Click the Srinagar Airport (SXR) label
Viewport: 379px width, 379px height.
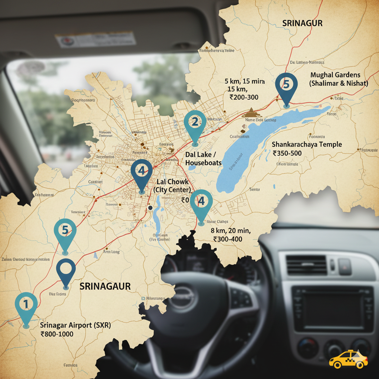click(75, 325)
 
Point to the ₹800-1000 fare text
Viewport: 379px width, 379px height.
click(57, 334)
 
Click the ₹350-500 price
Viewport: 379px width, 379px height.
click(287, 153)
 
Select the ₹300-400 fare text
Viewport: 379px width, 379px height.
click(228, 239)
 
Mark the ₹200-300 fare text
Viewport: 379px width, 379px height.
click(244, 98)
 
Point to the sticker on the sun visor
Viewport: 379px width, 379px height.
click(95, 39)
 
